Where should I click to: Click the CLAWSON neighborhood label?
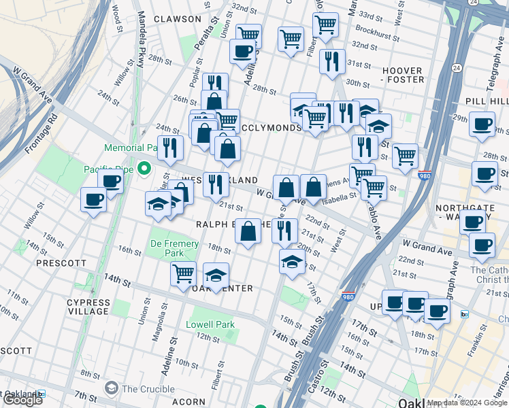coord(178,19)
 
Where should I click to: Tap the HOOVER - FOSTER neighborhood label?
coord(403,75)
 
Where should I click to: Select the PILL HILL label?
coord(487,101)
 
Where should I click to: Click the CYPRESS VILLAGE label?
coord(88,307)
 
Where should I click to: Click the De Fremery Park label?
coord(174,248)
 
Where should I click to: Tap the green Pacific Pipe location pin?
coord(144,168)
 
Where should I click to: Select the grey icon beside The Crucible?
coord(111,388)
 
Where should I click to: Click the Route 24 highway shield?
coord(455,67)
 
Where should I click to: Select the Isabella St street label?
coord(340,197)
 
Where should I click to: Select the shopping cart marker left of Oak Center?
coord(183,274)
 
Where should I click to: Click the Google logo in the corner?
coord(23,400)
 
